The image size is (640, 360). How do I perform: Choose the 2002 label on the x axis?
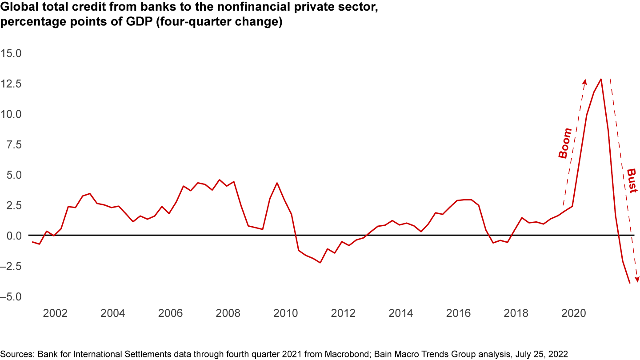pos(55,313)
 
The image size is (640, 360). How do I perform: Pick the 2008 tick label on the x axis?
pos(228,313)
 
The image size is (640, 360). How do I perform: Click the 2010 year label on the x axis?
pos(286,313)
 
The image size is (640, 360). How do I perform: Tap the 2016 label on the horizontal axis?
pos(458,313)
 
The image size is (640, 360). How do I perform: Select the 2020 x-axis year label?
pos(574,313)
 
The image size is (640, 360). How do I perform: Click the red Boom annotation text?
pos(565,143)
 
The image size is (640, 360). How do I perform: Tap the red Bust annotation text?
pos(632,180)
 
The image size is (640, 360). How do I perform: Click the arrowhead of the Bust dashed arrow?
pos(637,280)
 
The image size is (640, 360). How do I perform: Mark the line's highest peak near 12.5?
pos(601,79)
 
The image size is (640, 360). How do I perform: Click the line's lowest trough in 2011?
pos(320,263)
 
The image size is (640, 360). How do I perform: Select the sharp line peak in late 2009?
pos(277,183)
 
